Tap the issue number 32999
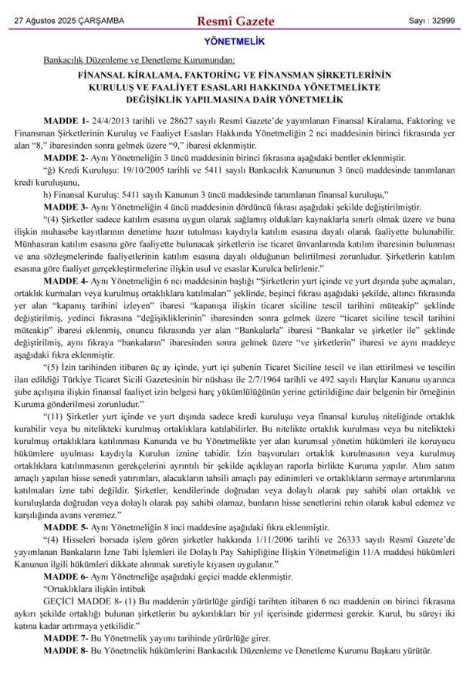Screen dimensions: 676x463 click(x=442, y=19)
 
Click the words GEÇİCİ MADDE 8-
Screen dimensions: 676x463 click(x=82, y=600)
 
